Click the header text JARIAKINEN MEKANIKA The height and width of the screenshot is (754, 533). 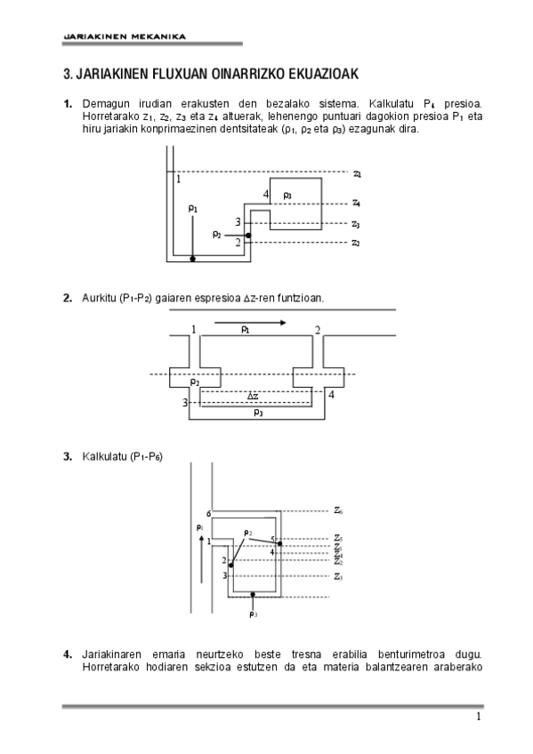click(124, 36)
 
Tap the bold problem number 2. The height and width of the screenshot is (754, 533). click(67, 298)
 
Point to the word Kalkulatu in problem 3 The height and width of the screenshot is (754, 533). click(104, 457)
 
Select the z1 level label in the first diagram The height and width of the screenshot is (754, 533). click(356, 174)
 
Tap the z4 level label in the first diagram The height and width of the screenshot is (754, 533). click(356, 203)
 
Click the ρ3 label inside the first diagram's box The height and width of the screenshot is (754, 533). click(287, 195)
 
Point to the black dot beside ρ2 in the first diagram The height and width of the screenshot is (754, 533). click(248, 236)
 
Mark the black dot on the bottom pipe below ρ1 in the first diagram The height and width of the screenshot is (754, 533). click(192, 259)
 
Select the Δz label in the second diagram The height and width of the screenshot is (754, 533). click(253, 396)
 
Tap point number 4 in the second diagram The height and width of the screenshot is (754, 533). click(331, 395)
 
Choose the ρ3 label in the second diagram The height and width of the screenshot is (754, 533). click(258, 412)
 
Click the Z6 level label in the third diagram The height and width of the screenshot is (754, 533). click(339, 510)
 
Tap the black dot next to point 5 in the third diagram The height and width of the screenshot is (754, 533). click(279, 542)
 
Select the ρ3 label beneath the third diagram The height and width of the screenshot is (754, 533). click(254, 614)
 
